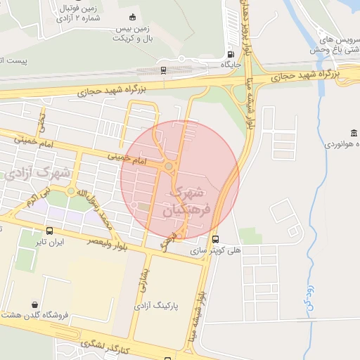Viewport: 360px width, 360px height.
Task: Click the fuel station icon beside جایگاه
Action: coord(231,55)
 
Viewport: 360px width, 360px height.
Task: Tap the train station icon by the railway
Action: coord(164,70)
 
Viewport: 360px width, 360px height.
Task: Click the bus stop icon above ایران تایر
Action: coord(49,231)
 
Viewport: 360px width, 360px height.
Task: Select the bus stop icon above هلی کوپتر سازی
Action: coord(215,239)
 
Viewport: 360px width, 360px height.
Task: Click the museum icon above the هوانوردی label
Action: coord(353,133)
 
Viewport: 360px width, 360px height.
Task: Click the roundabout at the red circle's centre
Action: coord(169,166)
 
